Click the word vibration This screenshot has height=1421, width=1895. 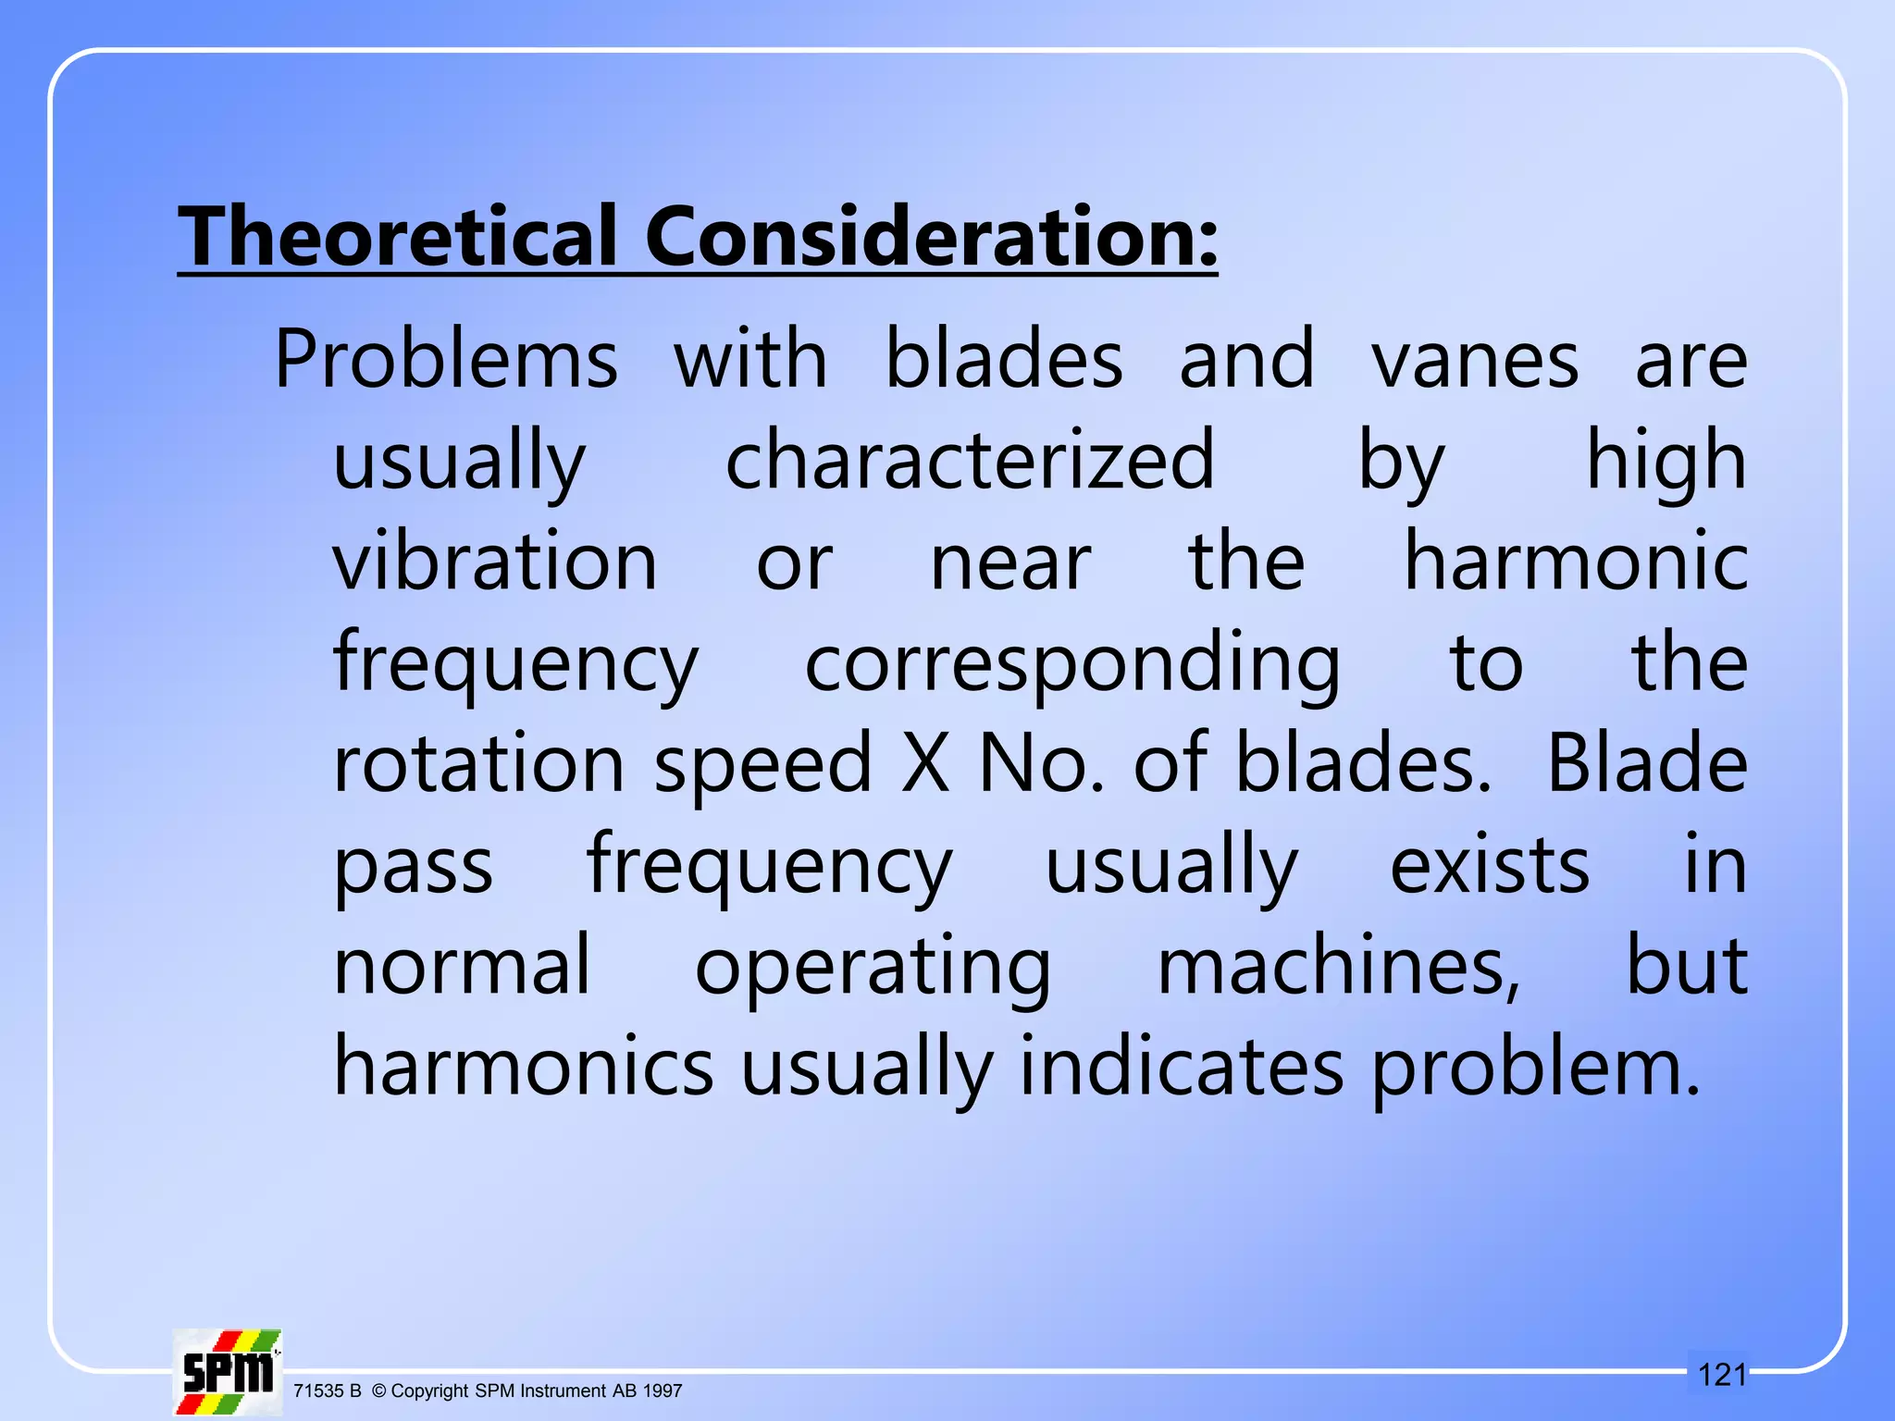pyautogui.click(x=495, y=562)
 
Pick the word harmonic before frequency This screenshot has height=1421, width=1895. pyautogui.click(x=1575, y=562)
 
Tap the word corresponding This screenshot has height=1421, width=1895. pyautogui.click(x=1072, y=664)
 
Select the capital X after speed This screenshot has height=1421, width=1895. pyautogui.click(x=925, y=763)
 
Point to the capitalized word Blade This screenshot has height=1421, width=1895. pyautogui.click(x=1647, y=763)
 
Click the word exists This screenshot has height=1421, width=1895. pyautogui.click(x=1489, y=865)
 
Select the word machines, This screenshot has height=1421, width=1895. pyautogui.click(x=1339, y=966)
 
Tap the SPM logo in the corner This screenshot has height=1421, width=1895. pyautogui.click(x=228, y=1372)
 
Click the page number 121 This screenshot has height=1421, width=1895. pyautogui.click(x=1722, y=1375)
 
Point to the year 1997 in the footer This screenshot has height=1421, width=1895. pyautogui.click(x=663, y=1390)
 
